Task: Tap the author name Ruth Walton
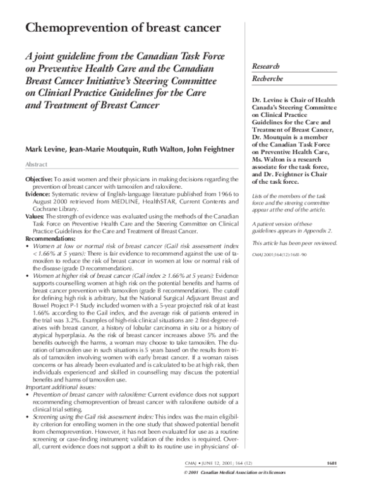pyautogui.click(x=158, y=149)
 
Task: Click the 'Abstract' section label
pyautogui.click(x=37, y=164)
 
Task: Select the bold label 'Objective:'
pyautogui.click(x=39, y=181)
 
